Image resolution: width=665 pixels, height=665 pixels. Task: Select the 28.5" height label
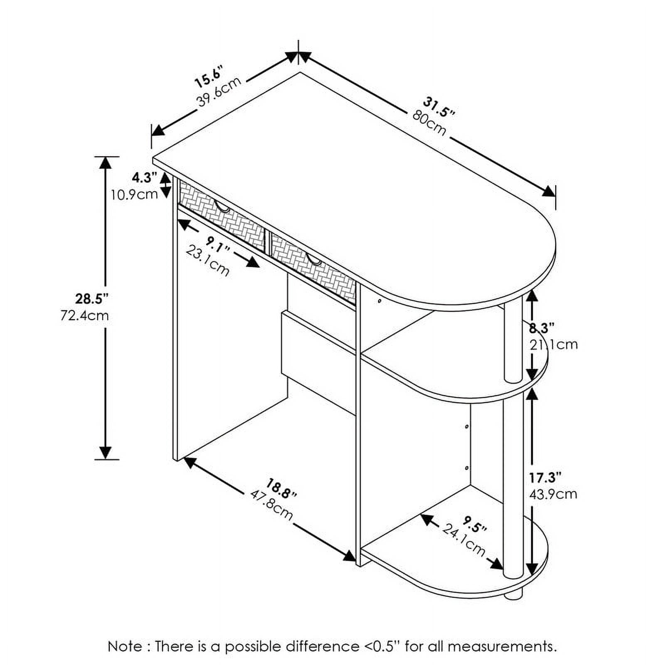(92, 298)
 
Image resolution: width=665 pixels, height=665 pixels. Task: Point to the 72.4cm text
(85, 316)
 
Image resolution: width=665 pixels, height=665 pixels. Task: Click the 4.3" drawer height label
(144, 178)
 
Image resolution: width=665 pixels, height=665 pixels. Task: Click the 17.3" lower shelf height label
(546, 478)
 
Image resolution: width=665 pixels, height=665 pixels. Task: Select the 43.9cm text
(553, 494)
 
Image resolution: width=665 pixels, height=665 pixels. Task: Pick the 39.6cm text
(219, 92)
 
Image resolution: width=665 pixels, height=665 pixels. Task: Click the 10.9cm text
(134, 194)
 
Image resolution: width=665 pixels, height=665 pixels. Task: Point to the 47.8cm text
(272, 505)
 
